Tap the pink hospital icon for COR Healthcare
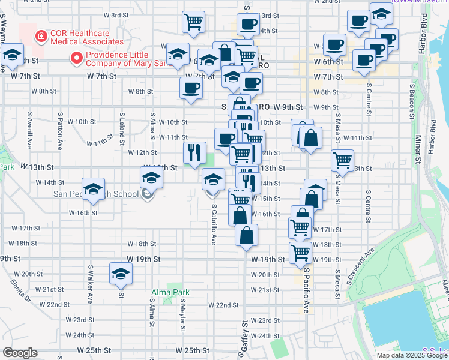[40, 37]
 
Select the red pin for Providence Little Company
[76, 58]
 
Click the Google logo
[20, 353]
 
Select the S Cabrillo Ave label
[214, 222]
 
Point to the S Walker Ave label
[91, 281]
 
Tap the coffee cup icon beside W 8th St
[191, 88]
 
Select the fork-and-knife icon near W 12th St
[194, 152]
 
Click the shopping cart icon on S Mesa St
[342, 160]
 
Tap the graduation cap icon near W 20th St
[121, 274]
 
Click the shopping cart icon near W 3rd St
[193, 22]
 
